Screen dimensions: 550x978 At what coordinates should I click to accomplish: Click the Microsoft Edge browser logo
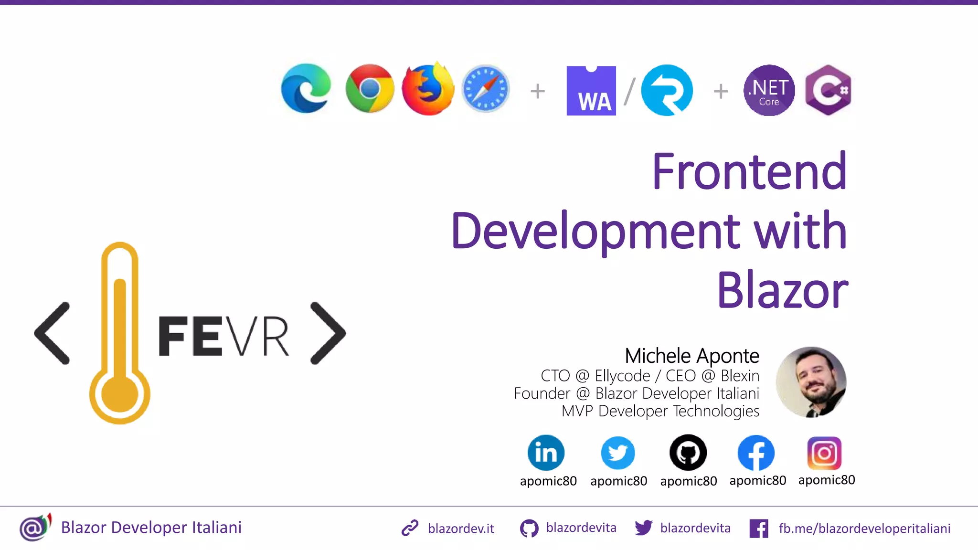306,89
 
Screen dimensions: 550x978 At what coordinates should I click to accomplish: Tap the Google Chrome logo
370,89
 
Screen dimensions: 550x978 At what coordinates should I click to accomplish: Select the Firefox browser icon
428,89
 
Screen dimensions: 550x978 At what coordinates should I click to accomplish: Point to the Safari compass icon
486,89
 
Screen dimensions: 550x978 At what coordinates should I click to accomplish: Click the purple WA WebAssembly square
591,91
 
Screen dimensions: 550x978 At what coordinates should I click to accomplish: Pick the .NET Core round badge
769,90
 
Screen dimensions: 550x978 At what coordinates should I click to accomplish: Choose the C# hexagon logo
828,90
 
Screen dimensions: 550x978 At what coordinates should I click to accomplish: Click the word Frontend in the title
749,171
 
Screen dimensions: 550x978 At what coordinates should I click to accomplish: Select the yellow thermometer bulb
120,394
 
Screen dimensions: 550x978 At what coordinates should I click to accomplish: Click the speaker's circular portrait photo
811,382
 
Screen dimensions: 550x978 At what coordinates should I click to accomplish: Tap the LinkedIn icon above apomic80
546,453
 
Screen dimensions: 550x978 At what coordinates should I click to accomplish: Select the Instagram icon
824,453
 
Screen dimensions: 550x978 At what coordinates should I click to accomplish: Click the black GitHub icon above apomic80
688,453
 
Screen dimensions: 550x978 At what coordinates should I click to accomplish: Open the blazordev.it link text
461,529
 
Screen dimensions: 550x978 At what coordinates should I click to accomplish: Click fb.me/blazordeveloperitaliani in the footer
864,529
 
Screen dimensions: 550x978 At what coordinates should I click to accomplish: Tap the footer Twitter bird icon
643,528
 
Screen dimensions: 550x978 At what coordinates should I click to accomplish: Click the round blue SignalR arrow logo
667,90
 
